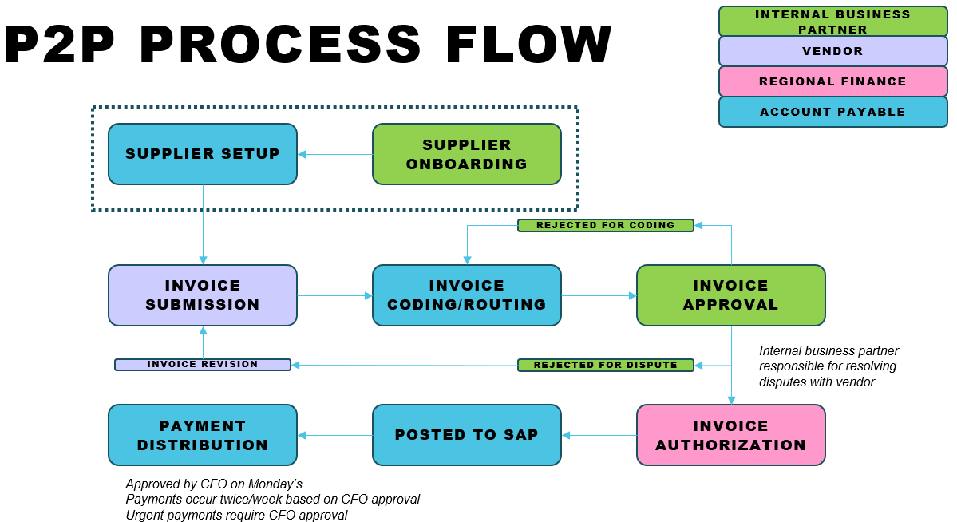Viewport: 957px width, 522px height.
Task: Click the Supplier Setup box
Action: tap(203, 154)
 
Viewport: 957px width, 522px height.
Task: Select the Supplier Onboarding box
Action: tap(467, 154)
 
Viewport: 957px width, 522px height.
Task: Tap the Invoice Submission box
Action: tap(203, 295)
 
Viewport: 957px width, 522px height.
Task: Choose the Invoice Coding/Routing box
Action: tap(467, 295)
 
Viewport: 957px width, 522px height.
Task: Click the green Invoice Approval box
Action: tap(731, 295)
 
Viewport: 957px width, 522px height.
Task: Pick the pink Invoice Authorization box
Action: tap(731, 435)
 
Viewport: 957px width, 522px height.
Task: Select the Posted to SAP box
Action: tap(467, 435)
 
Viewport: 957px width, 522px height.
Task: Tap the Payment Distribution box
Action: tap(203, 435)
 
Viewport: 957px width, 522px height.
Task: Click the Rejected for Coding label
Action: tap(606, 225)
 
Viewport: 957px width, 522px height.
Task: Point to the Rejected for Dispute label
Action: tap(606, 365)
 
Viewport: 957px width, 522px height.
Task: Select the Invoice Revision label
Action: tap(203, 365)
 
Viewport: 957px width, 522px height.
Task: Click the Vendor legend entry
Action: tap(833, 51)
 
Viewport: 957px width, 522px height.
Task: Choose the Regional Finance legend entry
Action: tap(833, 81)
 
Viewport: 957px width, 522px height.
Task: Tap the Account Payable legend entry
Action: tap(833, 112)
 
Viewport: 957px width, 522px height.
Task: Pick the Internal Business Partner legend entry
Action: tap(833, 22)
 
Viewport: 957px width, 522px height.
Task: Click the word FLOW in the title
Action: tap(528, 44)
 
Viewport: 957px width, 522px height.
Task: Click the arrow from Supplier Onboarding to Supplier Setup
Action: tap(335, 155)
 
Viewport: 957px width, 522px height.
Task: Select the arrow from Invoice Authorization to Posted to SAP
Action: tap(599, 435)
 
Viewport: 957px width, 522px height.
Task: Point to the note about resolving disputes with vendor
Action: tap(828, 366)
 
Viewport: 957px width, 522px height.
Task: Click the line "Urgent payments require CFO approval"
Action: tap(236, 515)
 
